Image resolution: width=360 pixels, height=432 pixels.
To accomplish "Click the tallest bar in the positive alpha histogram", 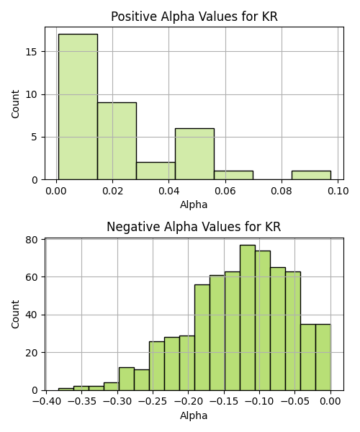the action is (x=78, y=107).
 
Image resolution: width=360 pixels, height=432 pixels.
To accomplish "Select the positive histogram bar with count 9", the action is (x=117, y=141).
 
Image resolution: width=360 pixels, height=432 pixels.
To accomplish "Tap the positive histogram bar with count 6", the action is (x=194, y=154).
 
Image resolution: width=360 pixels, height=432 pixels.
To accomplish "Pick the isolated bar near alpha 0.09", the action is (x=311, y=176).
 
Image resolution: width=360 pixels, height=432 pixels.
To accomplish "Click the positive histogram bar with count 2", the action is (x=156, y=171).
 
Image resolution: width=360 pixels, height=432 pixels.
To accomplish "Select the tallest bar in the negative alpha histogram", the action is (x=248, y=318).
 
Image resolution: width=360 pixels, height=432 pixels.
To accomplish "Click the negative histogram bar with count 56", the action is (x=202, y=338).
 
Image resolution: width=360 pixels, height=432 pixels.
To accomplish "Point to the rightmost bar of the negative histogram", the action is (x=323, y=357).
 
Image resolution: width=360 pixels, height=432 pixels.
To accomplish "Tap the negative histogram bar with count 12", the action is (x=127, y=379).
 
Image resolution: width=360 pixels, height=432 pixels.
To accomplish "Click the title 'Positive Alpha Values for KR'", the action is (x=194, y=17).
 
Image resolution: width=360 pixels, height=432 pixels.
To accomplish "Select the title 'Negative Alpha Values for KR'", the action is (x=194, y=227).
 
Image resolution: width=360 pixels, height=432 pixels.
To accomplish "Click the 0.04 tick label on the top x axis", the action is (x=169, y=191).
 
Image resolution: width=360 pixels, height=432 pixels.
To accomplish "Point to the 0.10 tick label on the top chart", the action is (x=338, y=191).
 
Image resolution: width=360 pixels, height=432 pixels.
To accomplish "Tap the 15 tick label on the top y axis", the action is (x=31, y=52).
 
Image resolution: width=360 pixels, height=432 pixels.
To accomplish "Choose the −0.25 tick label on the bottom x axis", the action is (x=153, y=401).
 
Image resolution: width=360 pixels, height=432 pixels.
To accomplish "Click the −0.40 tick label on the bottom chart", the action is (x=46, y=401).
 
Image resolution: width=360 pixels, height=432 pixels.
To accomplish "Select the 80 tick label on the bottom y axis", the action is (x=31, y=240).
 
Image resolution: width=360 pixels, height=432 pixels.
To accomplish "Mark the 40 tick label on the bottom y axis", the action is (x=31, y=315).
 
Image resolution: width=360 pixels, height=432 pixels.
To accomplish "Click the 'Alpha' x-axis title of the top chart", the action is (x=194, y=204).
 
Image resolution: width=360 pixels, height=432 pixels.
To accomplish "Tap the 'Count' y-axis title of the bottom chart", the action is (x=15, y=315).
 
